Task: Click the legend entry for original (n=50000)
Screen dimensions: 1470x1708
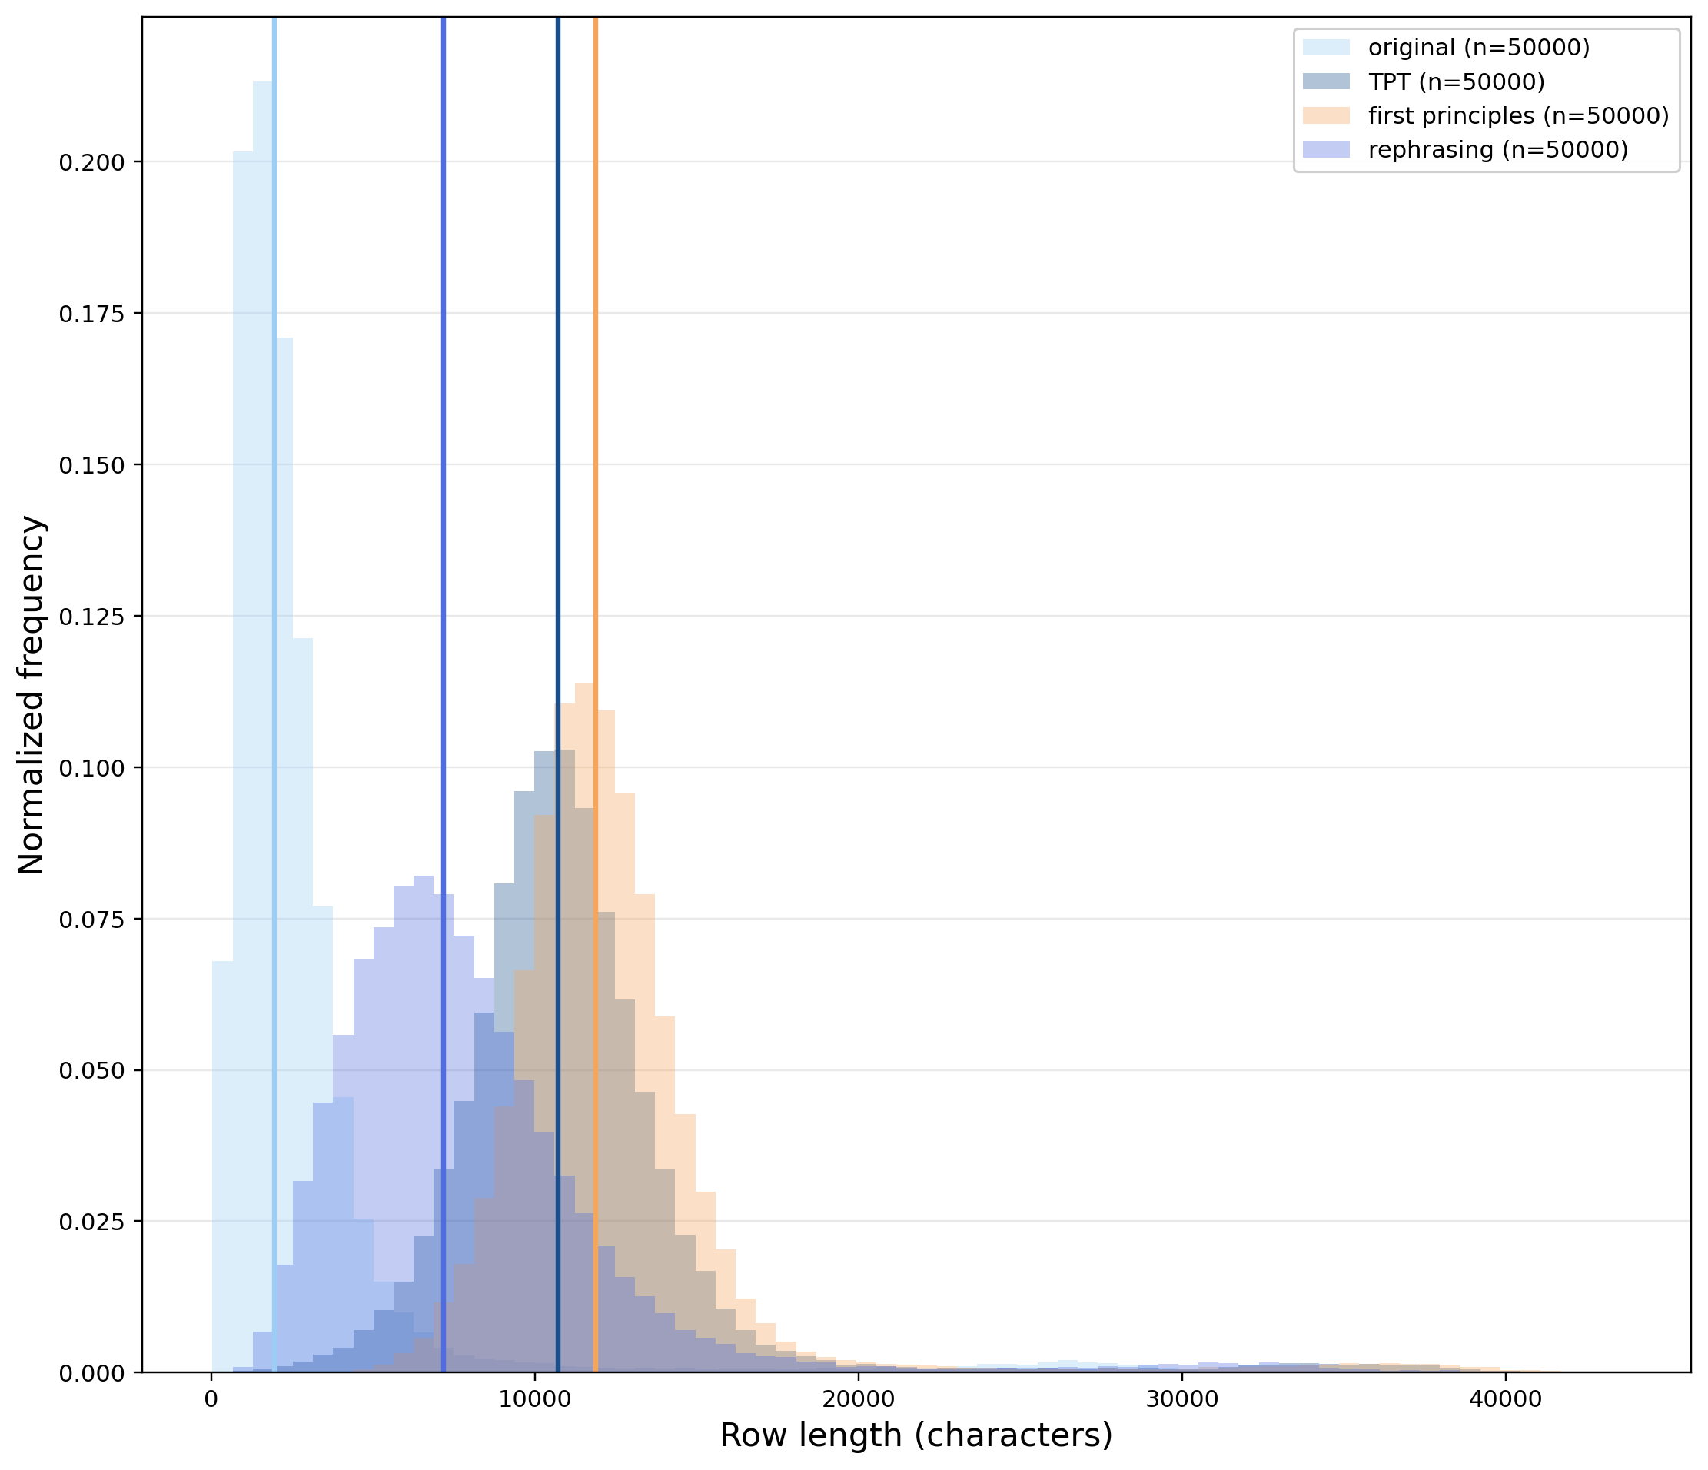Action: [x=1478, y=48]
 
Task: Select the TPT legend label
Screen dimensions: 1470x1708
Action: [x=1456, y=82]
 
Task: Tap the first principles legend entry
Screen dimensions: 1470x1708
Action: [x=1517, y=116]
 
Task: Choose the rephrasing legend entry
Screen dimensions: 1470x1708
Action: [x=1497, y=150]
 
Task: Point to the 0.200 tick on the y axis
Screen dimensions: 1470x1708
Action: [x=91, y=162]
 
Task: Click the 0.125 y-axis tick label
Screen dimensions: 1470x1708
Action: [x=91, y=617]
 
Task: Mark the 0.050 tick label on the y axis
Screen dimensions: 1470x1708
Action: [x=91, y=1071]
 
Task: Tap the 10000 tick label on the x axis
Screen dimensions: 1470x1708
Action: [x=534, y=1401]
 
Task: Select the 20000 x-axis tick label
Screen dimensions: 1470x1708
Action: [x=858, y=1401]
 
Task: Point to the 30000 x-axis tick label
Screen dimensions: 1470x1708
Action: [x=1181, y=1401]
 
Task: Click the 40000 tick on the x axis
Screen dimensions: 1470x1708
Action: [x=1505, y=1401]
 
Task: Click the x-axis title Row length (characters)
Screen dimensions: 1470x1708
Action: [x=915, y=1436]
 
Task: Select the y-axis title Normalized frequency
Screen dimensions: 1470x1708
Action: [x=32, y=695]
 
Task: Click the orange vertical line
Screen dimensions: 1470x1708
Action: [x=595, y=412]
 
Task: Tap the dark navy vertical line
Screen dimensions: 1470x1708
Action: [x=558, y=412]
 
